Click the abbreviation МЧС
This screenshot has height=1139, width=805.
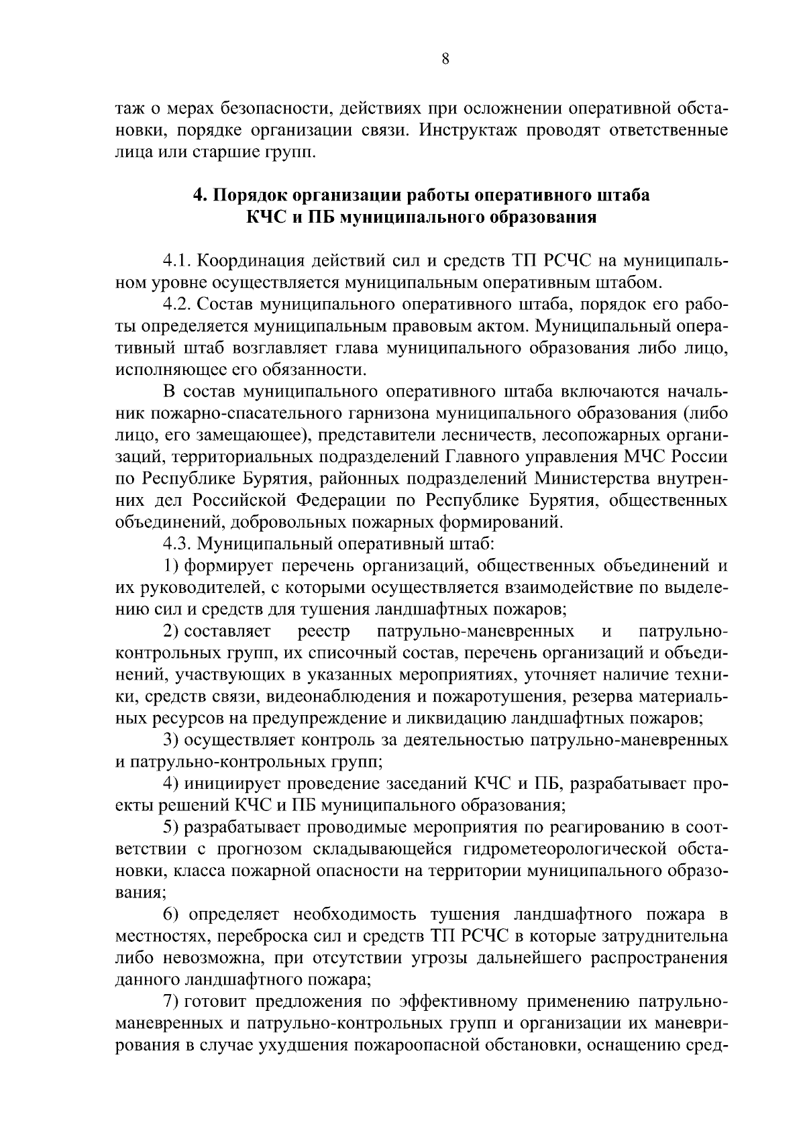tap(649, 457)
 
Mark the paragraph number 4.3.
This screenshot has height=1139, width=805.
tap(178, 543)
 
